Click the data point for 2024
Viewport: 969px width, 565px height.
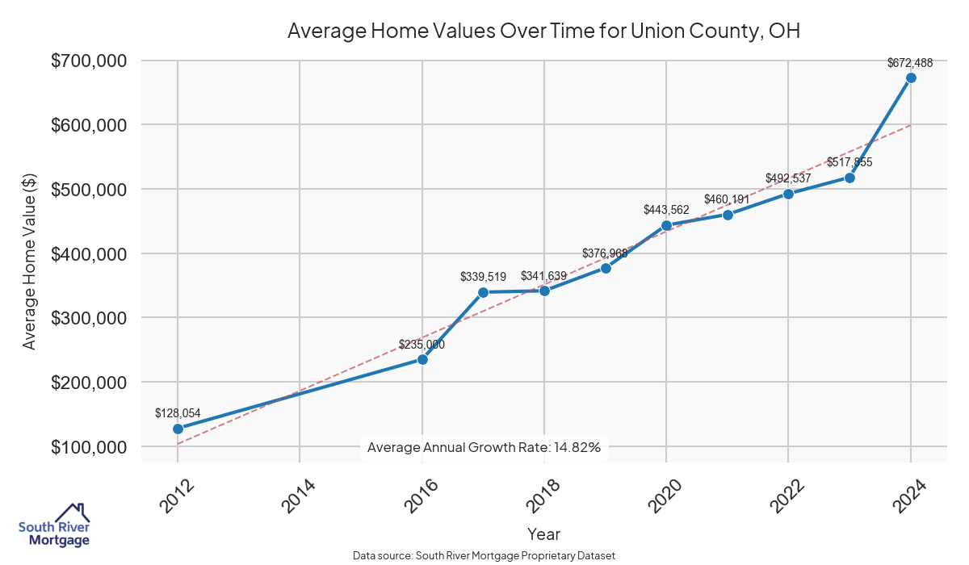click(911, 77)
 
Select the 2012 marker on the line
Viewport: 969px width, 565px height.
click(178, 429)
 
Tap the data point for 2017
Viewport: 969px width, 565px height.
click(483, 292)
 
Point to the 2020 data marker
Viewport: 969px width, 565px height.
click(666, 225)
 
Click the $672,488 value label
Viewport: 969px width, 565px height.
click(910, 62)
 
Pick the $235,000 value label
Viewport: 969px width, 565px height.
click(422, 344)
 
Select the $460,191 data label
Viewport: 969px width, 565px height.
click(728, 199)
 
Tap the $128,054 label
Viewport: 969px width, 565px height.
click(178, 413)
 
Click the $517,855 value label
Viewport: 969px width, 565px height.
click(849, 162)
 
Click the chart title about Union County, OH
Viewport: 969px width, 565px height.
click(543, 31)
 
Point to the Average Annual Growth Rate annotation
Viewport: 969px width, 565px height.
click(484, 447)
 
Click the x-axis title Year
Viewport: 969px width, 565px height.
click(543, 534)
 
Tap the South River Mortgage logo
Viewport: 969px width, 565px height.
click(54, 526)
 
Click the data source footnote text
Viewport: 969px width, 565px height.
click(484, 555)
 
